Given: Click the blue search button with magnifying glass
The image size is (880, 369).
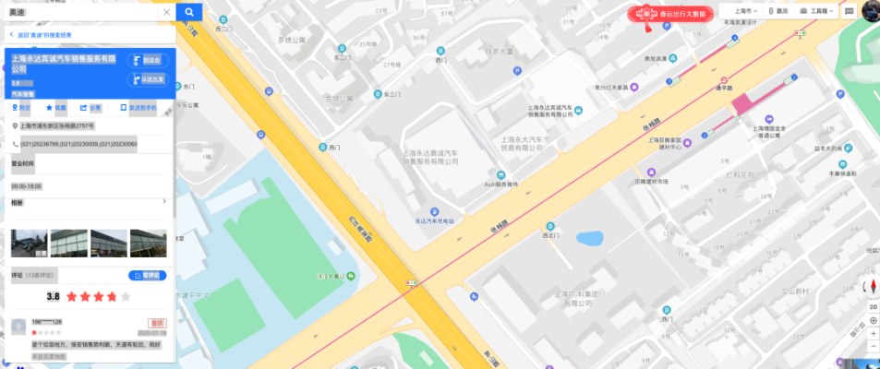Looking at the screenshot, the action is pos(188,12).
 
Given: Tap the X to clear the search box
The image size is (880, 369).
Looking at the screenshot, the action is pos(166,12).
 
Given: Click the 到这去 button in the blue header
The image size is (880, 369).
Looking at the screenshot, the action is pos(148,60).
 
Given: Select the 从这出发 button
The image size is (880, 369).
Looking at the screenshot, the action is pos(148,79).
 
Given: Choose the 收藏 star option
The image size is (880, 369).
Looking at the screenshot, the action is pos(55,108).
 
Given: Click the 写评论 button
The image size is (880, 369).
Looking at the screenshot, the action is pos(148,275).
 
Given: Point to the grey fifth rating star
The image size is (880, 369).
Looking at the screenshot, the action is pos(125,297).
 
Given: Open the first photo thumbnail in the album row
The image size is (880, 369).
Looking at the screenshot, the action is pos(29,243).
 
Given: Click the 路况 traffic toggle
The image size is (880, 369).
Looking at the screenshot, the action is pos(778,11).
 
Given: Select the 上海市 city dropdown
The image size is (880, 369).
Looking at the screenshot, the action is pos(739,11).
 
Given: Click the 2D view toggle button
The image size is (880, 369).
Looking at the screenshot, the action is pos(874,305).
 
